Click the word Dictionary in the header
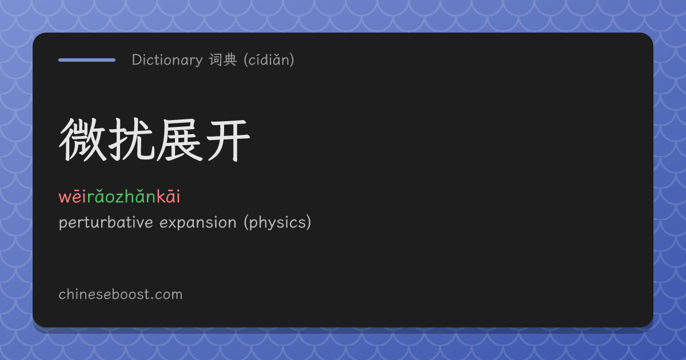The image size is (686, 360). coord(167,60)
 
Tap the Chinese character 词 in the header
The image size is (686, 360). coord(216,59)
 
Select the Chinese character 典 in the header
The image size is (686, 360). coord(230,59)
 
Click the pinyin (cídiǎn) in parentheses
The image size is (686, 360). coord(269,59)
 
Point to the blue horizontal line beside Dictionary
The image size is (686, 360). coord(87,60)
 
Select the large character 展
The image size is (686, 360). coord(179,140)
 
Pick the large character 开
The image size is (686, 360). coord(228,141)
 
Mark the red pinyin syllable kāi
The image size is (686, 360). coord(169,196)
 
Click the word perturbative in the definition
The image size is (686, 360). coord(106,222)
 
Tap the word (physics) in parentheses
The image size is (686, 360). coord(277,222)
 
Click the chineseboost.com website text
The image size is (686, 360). coord(121,294)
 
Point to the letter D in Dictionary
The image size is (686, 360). coord(137,60)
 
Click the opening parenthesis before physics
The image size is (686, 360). coord(246,222)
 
